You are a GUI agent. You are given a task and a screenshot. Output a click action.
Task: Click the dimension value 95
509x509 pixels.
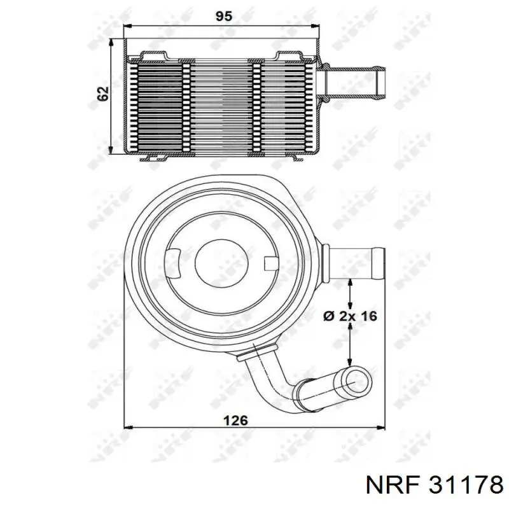(224, 17)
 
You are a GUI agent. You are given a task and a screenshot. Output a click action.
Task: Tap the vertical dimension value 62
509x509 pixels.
(103, 94)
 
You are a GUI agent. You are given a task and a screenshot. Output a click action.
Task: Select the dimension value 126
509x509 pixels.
(235, 420)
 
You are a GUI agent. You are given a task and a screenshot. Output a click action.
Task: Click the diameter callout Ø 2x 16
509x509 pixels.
(351, 316)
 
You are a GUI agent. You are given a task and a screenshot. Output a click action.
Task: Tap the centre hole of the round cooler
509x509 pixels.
(223, 263)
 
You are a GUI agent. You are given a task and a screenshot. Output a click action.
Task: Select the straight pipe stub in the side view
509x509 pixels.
(354, 83)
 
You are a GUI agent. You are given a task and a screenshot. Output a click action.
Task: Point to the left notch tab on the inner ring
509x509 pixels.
(173, 263)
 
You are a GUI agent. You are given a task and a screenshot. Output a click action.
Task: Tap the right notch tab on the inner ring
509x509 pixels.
(272, 263)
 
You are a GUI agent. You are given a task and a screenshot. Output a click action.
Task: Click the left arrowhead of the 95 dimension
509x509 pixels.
(129, 27)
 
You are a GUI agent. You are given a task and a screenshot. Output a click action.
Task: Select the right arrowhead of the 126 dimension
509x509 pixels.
(380, 428)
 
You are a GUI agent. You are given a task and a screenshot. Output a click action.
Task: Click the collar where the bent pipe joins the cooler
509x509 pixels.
(257, 352)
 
